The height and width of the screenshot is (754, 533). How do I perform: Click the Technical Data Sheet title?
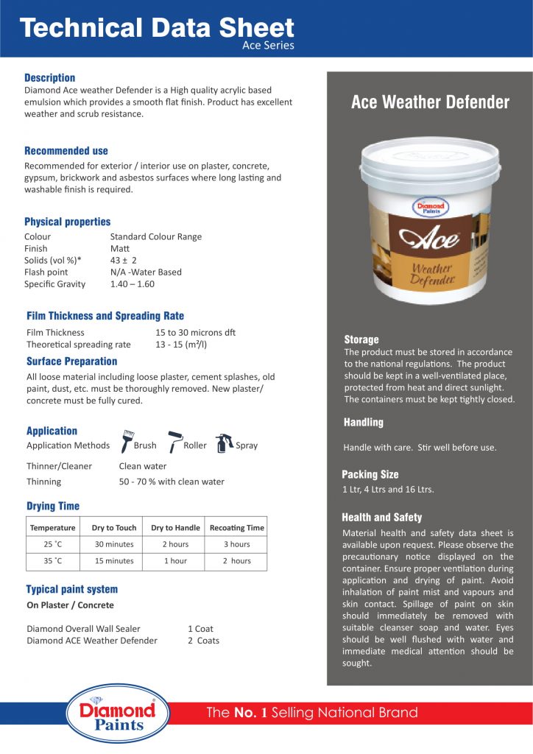157,28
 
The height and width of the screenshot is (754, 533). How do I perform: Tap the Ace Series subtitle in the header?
268,46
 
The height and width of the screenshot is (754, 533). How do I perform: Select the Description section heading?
49,77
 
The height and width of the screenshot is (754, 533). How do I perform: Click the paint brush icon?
127,440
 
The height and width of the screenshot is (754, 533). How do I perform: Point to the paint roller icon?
174,440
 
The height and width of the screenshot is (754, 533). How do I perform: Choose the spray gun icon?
224,443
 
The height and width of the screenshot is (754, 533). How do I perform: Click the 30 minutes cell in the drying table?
114,544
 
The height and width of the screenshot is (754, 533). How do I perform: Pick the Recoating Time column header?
236,527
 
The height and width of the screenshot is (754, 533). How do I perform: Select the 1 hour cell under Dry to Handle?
175,561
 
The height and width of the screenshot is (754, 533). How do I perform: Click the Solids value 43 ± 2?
123,260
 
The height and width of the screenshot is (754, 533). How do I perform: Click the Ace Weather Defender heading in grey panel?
430,102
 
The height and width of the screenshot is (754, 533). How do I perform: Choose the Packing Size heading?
370,474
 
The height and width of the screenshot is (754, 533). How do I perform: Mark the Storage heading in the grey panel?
361,339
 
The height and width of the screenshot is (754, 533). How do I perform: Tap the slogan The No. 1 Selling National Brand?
312,712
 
